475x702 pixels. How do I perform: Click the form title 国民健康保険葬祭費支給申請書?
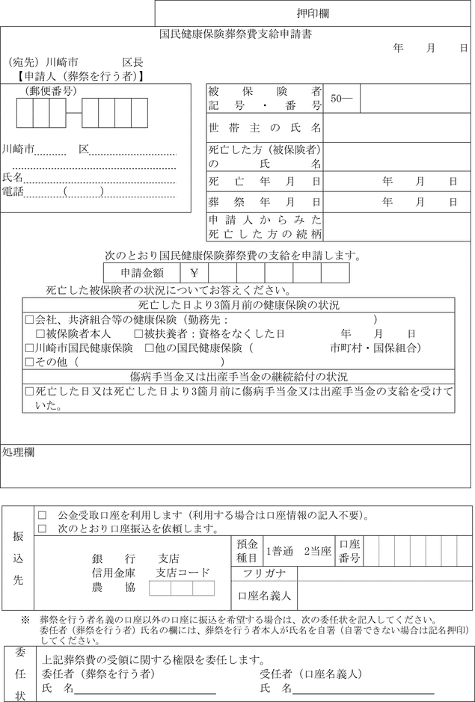click(x=236, y=34)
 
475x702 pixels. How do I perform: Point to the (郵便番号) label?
click(x=52, y=91)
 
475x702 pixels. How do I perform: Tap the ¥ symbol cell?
click(x=194, y=274)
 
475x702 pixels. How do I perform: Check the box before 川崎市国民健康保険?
click(x=29, y=348)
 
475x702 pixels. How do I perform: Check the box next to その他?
click(x=29, y=362)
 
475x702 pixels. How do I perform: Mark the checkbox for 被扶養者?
click(x=138, y=333)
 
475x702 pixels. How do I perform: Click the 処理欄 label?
click(x=18, y=452)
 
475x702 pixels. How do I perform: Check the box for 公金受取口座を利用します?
click(x=43, y=516)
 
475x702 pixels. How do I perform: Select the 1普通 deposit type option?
click(x=280, y=552)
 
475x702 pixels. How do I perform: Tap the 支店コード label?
click(x=183, y=573)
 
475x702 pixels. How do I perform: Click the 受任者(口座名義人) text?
click(x=306, y=674)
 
